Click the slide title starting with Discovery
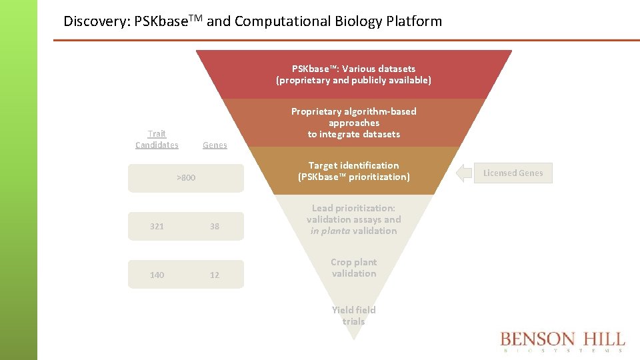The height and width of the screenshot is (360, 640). tap(252, 21)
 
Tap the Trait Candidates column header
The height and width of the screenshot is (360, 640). tap(157, 139)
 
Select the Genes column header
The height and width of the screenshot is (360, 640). tap(215, 145)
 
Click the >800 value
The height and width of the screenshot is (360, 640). tap(186, 178)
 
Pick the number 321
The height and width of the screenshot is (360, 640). tap(157, 227)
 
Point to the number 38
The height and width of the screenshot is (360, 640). tap(215, 227)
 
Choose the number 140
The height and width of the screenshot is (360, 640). tap(157, 275)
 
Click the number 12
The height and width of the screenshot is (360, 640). tap(215, 275)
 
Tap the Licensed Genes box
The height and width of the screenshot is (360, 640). tap(513, 173)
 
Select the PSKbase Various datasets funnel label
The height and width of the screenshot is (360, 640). tap(353, 74)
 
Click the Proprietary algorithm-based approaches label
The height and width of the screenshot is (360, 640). tap(353, 123)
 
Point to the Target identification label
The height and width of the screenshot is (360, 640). tap(353, 171)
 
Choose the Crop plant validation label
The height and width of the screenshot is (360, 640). tap(353, 268)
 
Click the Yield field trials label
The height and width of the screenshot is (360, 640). tap(353, 315)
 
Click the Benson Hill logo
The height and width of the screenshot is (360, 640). tap(562, 341)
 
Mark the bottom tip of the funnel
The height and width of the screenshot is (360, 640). tap(353, 337)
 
